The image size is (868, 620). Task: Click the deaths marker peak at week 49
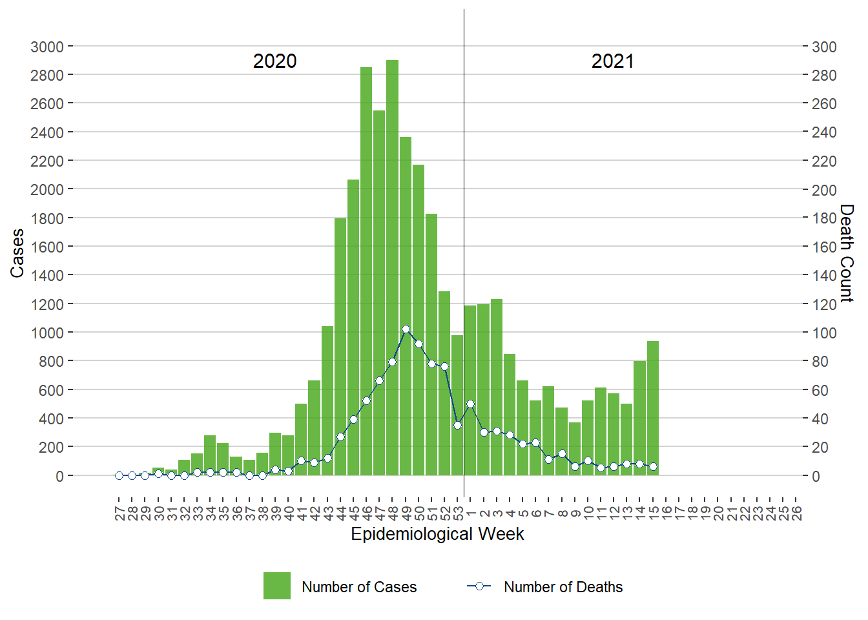pyautogui.click(x=406, y=329)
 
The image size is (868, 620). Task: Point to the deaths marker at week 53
pyautogui.click(x=457, y=425)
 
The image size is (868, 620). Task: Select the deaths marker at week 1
pyautogui.click(x=470, y=404)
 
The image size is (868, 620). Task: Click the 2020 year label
pyautogui.click(x=274, y=61)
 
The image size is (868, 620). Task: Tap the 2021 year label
pyautogui.click(x=612, y=61)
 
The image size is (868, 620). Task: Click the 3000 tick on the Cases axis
pyautogui.click(x=47, y=46)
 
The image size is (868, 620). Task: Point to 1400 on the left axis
pyautogui.click(x=47, y=275)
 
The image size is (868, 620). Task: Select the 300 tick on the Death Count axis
pyautogui.click(x=824, y=46)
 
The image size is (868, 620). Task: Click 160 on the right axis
pyautogui.click(x=824, y=247)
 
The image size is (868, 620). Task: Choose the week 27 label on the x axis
pyautogui.click(x=119, y=513)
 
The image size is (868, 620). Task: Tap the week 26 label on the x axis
pyautogui.click(x=796, y=513)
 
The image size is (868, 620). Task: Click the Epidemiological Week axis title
pyautogui.click(x=437, y=534)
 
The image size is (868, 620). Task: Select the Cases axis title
pyautogui.click(x=17, y=253)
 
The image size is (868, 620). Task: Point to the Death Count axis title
pyautogui.click(x=847, y=253)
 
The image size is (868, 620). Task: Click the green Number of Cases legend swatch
pyautogui.click(x=277, y=586)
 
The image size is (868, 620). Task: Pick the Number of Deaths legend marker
pyautogui.click(x=479, y=586)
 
